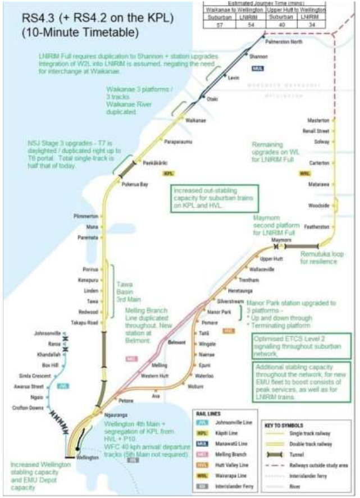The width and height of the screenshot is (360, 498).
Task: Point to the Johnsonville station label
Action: coord(47,333)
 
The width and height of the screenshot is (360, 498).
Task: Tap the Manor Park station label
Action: coord(219,311)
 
